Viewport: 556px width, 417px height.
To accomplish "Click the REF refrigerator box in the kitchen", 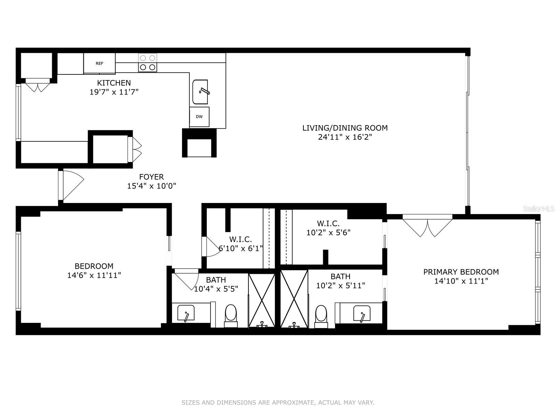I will coord(99,63).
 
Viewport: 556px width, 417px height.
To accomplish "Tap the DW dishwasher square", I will coord(199,117).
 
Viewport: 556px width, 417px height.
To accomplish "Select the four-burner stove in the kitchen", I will coord(147,63).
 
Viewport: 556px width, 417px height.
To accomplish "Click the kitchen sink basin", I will coord(200,92).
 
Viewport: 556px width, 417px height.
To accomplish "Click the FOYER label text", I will coord(151,177).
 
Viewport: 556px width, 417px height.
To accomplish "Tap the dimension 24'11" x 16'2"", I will coord(345,137).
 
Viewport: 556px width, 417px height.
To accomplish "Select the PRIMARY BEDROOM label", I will coord(461,272).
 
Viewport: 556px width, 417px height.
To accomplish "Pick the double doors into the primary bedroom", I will coord(427,226).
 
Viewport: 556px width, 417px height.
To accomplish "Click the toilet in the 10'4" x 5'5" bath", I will coord(230,314).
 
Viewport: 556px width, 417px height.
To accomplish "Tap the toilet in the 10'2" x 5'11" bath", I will coord(321,314).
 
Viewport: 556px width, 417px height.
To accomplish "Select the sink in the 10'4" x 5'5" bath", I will coord(186,313).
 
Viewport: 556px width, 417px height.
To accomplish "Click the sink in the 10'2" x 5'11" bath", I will coord(362,313).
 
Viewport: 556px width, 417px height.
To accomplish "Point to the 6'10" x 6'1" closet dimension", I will coord(241,248).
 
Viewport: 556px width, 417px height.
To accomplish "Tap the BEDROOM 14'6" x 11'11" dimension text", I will coord(94,275).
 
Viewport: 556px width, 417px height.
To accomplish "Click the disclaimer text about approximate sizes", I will coord(278,403).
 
